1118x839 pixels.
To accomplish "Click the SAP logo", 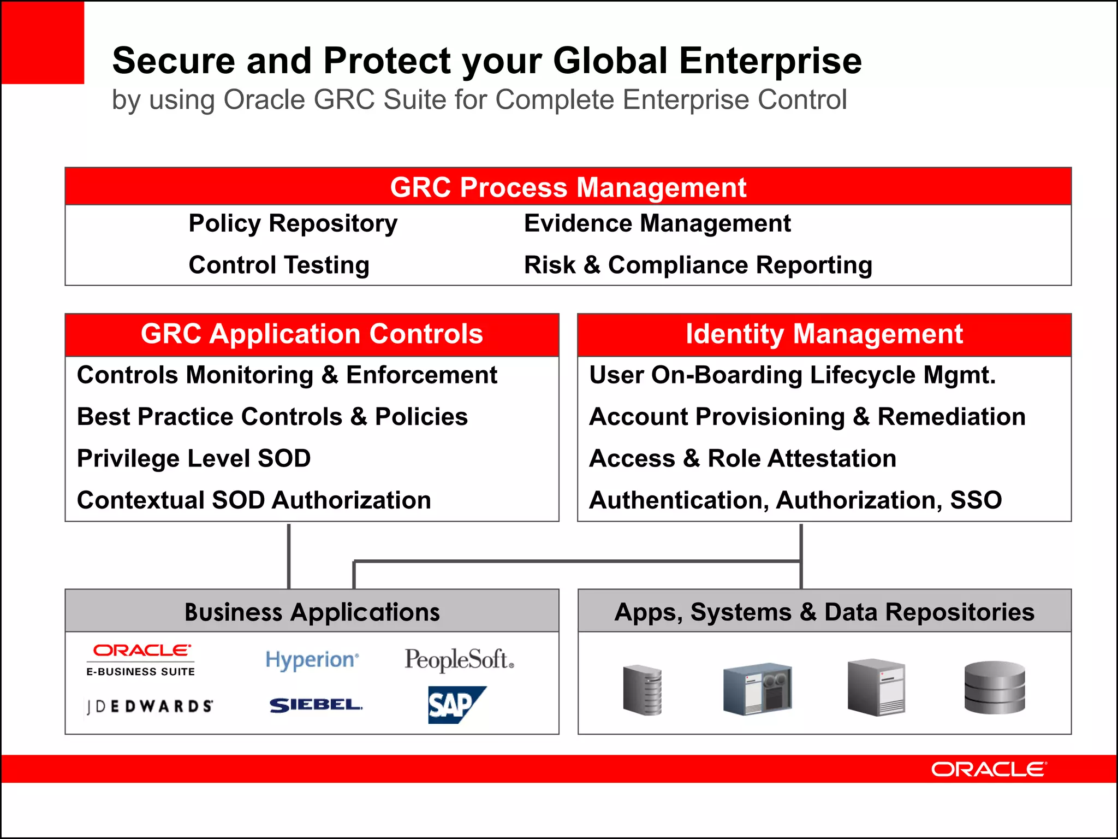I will pos(456,705).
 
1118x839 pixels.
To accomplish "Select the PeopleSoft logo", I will pos(459,659).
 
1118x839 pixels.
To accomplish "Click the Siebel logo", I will pos(316,705).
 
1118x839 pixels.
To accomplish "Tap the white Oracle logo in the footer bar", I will pos(989,769).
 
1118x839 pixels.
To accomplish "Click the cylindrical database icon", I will pos(994,687).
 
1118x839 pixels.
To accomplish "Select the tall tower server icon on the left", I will pos(643,689).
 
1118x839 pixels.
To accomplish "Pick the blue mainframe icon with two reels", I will pos(758,688).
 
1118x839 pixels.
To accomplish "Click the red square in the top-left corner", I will pos(43,42).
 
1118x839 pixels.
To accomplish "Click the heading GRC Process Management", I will pos(568,187).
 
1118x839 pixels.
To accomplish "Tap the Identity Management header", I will pos(824,334).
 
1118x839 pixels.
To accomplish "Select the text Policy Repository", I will pos(293,223).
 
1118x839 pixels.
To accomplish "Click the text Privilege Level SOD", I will pos(194,458).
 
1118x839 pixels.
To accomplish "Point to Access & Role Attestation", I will pos(742,458).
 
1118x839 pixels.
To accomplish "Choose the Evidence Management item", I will pos(657,223).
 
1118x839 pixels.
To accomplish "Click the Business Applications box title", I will pos(312,612).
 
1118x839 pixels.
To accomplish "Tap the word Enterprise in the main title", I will pos(770,60).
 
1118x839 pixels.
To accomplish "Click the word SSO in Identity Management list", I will pos(976,500).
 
